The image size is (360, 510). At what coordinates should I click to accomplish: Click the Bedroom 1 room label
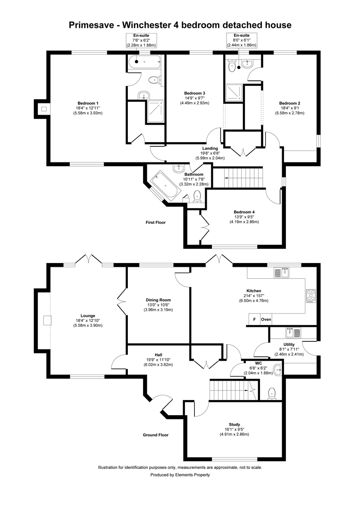point(88,103)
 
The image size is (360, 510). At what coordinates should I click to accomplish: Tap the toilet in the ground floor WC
point(271,393)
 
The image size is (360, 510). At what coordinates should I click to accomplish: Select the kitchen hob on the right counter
point(311,295)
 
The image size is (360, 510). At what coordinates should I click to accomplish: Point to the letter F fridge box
point(254,320)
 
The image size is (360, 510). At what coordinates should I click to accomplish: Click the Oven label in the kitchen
point(266,320)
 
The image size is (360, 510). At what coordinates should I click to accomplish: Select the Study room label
point(236,425)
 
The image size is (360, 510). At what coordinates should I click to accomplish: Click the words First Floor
point(155,222)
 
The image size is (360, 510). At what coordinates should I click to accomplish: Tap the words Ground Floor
point(155,435)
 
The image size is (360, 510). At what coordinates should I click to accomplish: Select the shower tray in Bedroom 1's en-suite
point(155,111)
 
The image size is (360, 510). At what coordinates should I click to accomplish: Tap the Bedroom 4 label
point(244,212)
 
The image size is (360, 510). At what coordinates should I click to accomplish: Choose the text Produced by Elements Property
point(180,475)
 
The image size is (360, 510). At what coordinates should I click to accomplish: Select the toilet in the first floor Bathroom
point(197,196)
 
